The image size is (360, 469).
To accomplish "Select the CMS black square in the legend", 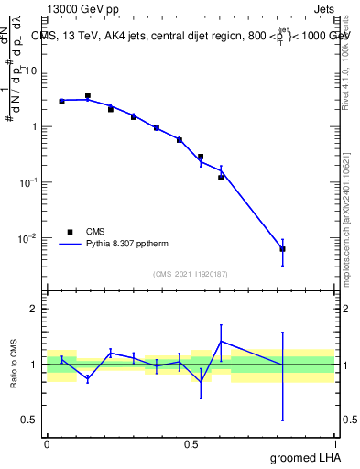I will [x=70, y=232].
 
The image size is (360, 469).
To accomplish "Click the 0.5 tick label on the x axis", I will [x=191, y=442].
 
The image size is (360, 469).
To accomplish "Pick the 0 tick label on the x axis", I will [x=47, y=442].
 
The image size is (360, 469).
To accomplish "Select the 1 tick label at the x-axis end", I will [x=336, y=442].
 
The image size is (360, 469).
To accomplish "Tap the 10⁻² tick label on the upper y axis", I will [x=30, y=238].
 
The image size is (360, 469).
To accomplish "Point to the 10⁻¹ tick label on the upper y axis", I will [x=30, y=182].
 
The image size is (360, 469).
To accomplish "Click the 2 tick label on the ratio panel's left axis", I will [x=37, y=309].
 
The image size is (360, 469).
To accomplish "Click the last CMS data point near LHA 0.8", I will [x=282, y=249].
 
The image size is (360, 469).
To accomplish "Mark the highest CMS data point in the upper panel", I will [x=88, y=95].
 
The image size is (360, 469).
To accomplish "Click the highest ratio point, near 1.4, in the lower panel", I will [x=221, y=342].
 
